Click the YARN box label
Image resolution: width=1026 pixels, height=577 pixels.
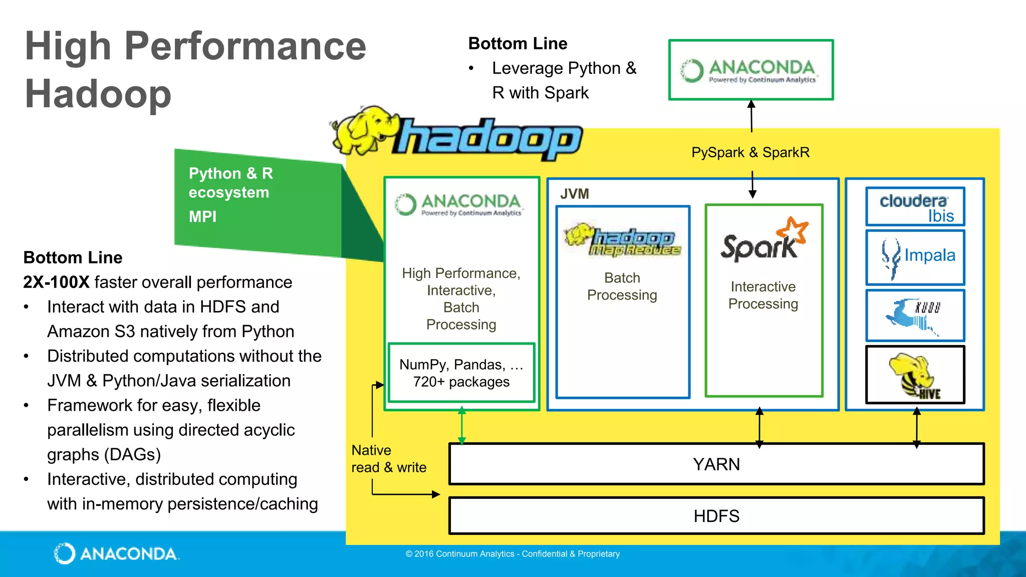click(716, 464)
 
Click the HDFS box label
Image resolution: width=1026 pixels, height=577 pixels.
click(716, 516)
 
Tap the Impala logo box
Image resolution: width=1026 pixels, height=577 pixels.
click(915, 257)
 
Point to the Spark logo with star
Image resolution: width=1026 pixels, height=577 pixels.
click(763, 240)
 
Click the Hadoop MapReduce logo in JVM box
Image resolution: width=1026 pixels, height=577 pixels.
click(623, 240)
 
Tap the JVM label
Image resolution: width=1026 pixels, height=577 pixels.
click(574, 194)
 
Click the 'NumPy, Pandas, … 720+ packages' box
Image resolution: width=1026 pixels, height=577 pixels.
click(461, 373)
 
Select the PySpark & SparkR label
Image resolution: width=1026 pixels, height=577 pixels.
click(750, 152)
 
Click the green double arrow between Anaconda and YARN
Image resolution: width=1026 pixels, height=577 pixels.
click(461, 426)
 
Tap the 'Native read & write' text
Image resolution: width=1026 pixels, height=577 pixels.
click(388, 459)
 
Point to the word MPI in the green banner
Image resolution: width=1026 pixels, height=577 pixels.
click(202, 216)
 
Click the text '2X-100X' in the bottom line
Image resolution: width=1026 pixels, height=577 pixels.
click(56, 282)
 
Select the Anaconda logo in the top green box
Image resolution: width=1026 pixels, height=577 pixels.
click(750, 71)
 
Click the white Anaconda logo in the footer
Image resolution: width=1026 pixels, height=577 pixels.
click(116, 553)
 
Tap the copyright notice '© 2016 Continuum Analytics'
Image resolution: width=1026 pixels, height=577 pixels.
click(512, 554)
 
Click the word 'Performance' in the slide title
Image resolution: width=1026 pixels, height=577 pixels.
click(245, 46)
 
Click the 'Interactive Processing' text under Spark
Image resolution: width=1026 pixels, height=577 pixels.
click(763, 295)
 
